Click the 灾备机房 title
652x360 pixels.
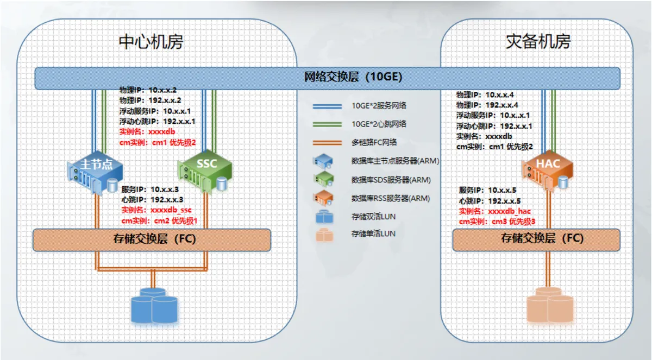(538, 42)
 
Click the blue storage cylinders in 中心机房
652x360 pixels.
(154, 305)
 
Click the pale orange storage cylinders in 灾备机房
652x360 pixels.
(550, 305)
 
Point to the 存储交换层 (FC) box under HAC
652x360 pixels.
(535, 238)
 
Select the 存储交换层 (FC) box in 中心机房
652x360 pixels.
(152, 239)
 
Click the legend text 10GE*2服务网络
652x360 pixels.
(379, 106)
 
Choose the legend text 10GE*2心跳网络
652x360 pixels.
(379, 124)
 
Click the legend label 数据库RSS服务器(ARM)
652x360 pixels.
(395, 198)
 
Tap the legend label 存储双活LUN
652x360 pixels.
(373, 217)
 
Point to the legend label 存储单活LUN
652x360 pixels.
(373, 234)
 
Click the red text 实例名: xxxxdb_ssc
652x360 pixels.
(156, 210)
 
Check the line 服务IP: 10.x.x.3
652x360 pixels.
(150, 190)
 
